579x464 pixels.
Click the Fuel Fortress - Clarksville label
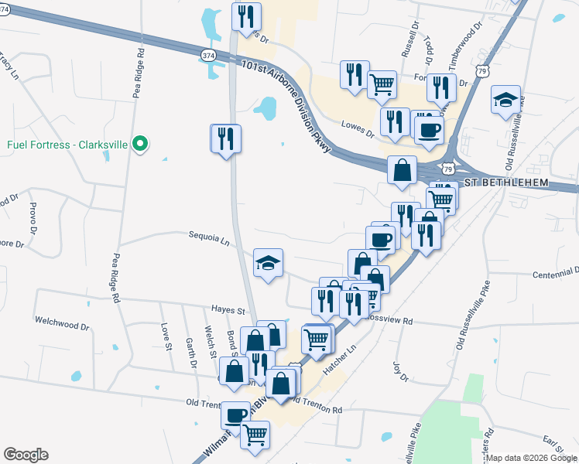tap(67, 144)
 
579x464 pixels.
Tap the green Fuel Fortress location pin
tap(140, 144)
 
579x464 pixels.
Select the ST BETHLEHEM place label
tap(506, 183)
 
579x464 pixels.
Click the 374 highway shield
tap(208, 56)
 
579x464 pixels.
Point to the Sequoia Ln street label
tap(209, 240)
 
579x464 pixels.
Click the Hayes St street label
tap(228, 311)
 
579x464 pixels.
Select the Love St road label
tap(166, 337)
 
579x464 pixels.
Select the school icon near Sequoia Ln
tap(269, 264)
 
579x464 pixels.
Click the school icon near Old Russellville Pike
tap(505, 101)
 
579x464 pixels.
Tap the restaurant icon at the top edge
tap(246, 15)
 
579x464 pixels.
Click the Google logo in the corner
tap(26, 455)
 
